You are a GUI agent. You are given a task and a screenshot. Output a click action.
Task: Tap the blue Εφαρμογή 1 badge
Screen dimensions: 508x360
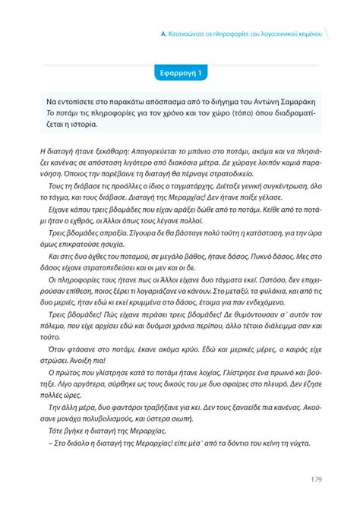point(179,74)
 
